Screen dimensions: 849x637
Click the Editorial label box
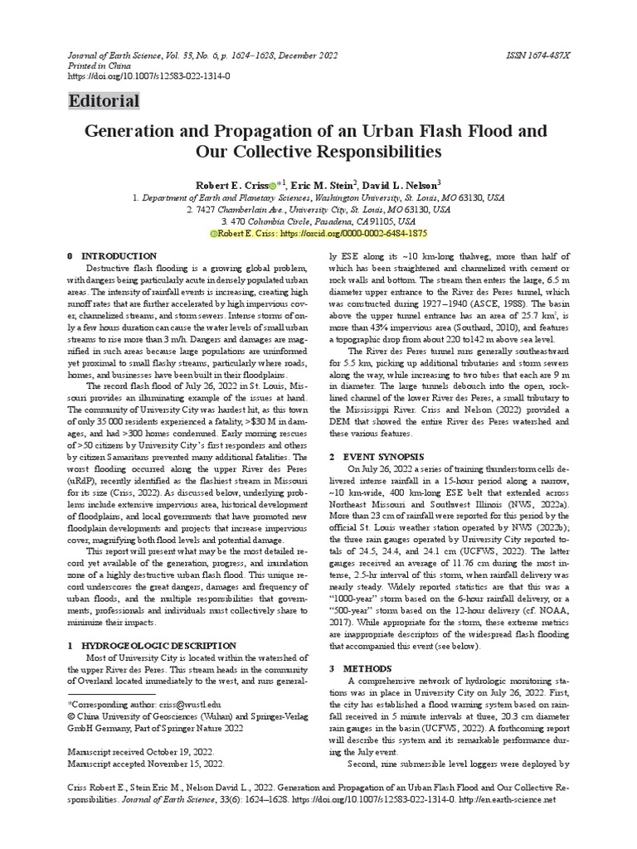click(x=104, y=101)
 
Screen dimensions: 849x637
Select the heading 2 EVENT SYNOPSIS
click(x=376, y=457)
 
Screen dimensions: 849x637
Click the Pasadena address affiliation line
click(x=318, y=222)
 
